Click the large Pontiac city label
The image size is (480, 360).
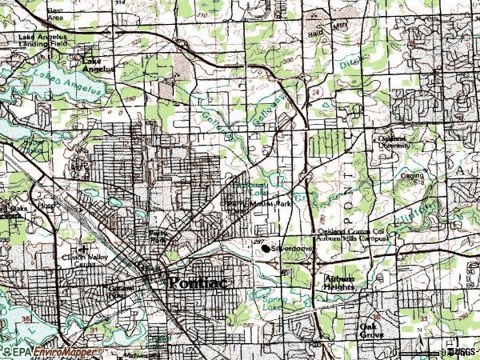(194, 282)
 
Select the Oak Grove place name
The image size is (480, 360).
(371, 330)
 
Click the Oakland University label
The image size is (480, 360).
(394, 142)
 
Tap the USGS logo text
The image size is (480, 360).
(462, 351)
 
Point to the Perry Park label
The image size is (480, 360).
(157, 237)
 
